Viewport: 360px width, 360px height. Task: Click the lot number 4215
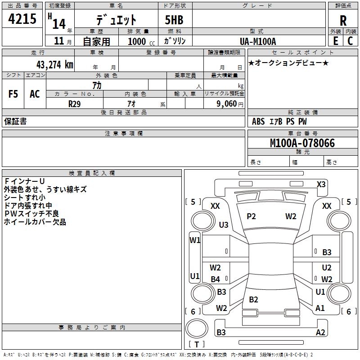tap(22, 19)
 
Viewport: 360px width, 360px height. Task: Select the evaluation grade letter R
tap(343, 20)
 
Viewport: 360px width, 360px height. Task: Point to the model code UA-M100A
tap(258, 41)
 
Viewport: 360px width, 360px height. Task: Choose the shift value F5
tap(13, 94)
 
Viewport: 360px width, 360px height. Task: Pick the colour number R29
tap(75, 103)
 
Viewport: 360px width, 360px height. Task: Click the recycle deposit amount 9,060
tap(230, 103)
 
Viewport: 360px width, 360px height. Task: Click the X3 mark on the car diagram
tap(321, 184)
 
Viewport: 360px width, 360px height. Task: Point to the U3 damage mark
tap(224, 225)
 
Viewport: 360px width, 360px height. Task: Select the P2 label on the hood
tap(251, 216)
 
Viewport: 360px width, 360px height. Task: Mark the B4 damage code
tap(216, 279)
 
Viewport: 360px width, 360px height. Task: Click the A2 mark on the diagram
tap(320, 333)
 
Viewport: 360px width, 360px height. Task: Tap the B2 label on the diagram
tap(253, 300)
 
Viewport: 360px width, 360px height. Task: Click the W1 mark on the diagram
tap(195, 240)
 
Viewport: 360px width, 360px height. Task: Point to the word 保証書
tap(15, 121)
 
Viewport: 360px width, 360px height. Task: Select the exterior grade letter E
tap(335, 41)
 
